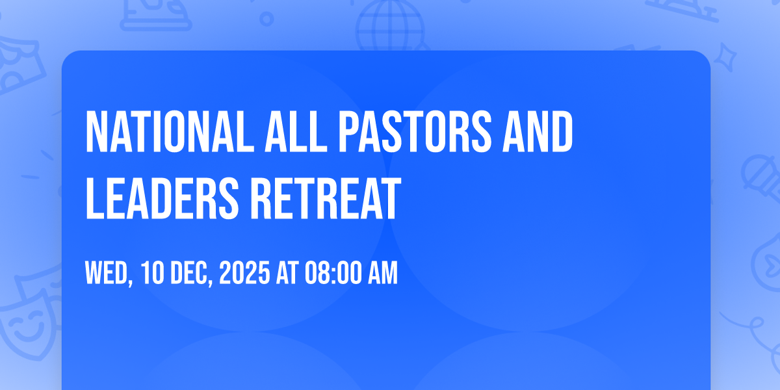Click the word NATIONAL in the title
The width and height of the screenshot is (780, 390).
pyautogui.click(x=170, y=132)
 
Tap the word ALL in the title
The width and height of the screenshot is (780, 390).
pyautogui.click(x=296, y=132)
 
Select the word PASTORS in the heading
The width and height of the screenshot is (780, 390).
pyautogui.click(x=415, y=132)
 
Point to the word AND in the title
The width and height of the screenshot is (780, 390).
pyautogui.click(x=538, y=132)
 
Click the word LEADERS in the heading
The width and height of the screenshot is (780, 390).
pyautogui.click(x=162, y=198)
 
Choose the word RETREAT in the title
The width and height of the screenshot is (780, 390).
pyautogui.click(x=326, y=198)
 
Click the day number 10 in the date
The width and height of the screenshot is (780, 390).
pyautogui.click(x=153, y=273)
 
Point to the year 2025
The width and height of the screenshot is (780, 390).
pyautogui.click(x=244, y=273)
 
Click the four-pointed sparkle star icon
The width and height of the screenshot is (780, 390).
pyautogui.click(x=725, y=58)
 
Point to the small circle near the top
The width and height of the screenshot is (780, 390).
pyautogui.click(x=266, y=19)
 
